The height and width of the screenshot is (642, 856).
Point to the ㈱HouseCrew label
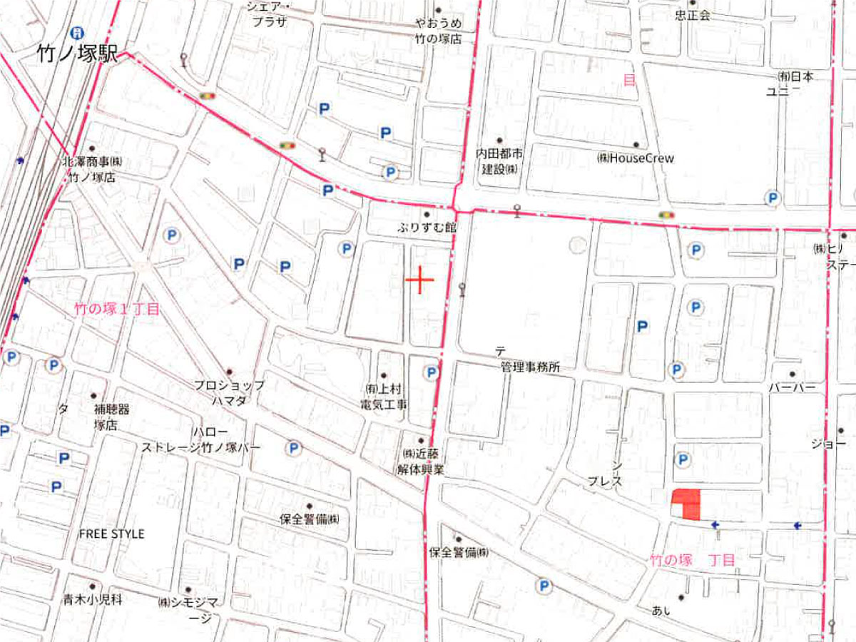[x=635, y=158]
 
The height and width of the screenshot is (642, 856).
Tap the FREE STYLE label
[x=111, y=534]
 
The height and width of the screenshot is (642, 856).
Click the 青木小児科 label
[x=93, y=600]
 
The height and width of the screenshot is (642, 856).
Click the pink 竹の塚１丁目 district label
[x=117, y=309]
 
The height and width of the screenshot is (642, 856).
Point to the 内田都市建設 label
[x=499, y=160]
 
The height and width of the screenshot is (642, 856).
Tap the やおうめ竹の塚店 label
[x=439, y=31]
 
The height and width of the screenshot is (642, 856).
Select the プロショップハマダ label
[x=229, y=392]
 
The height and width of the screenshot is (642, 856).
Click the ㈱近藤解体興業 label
[x=421, y=461]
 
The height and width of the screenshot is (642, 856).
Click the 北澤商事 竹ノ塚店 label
[x=92, y=170]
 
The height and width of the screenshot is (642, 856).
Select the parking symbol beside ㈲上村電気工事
[x=431, y=372]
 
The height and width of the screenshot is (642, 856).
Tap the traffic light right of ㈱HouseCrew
[x=667, y=214]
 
